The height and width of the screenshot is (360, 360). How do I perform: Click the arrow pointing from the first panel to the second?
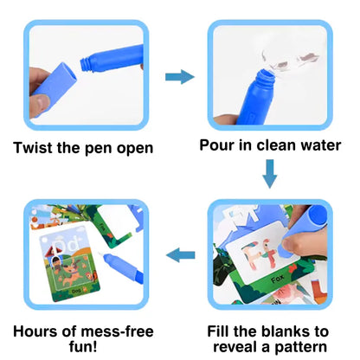click(180, 77)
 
